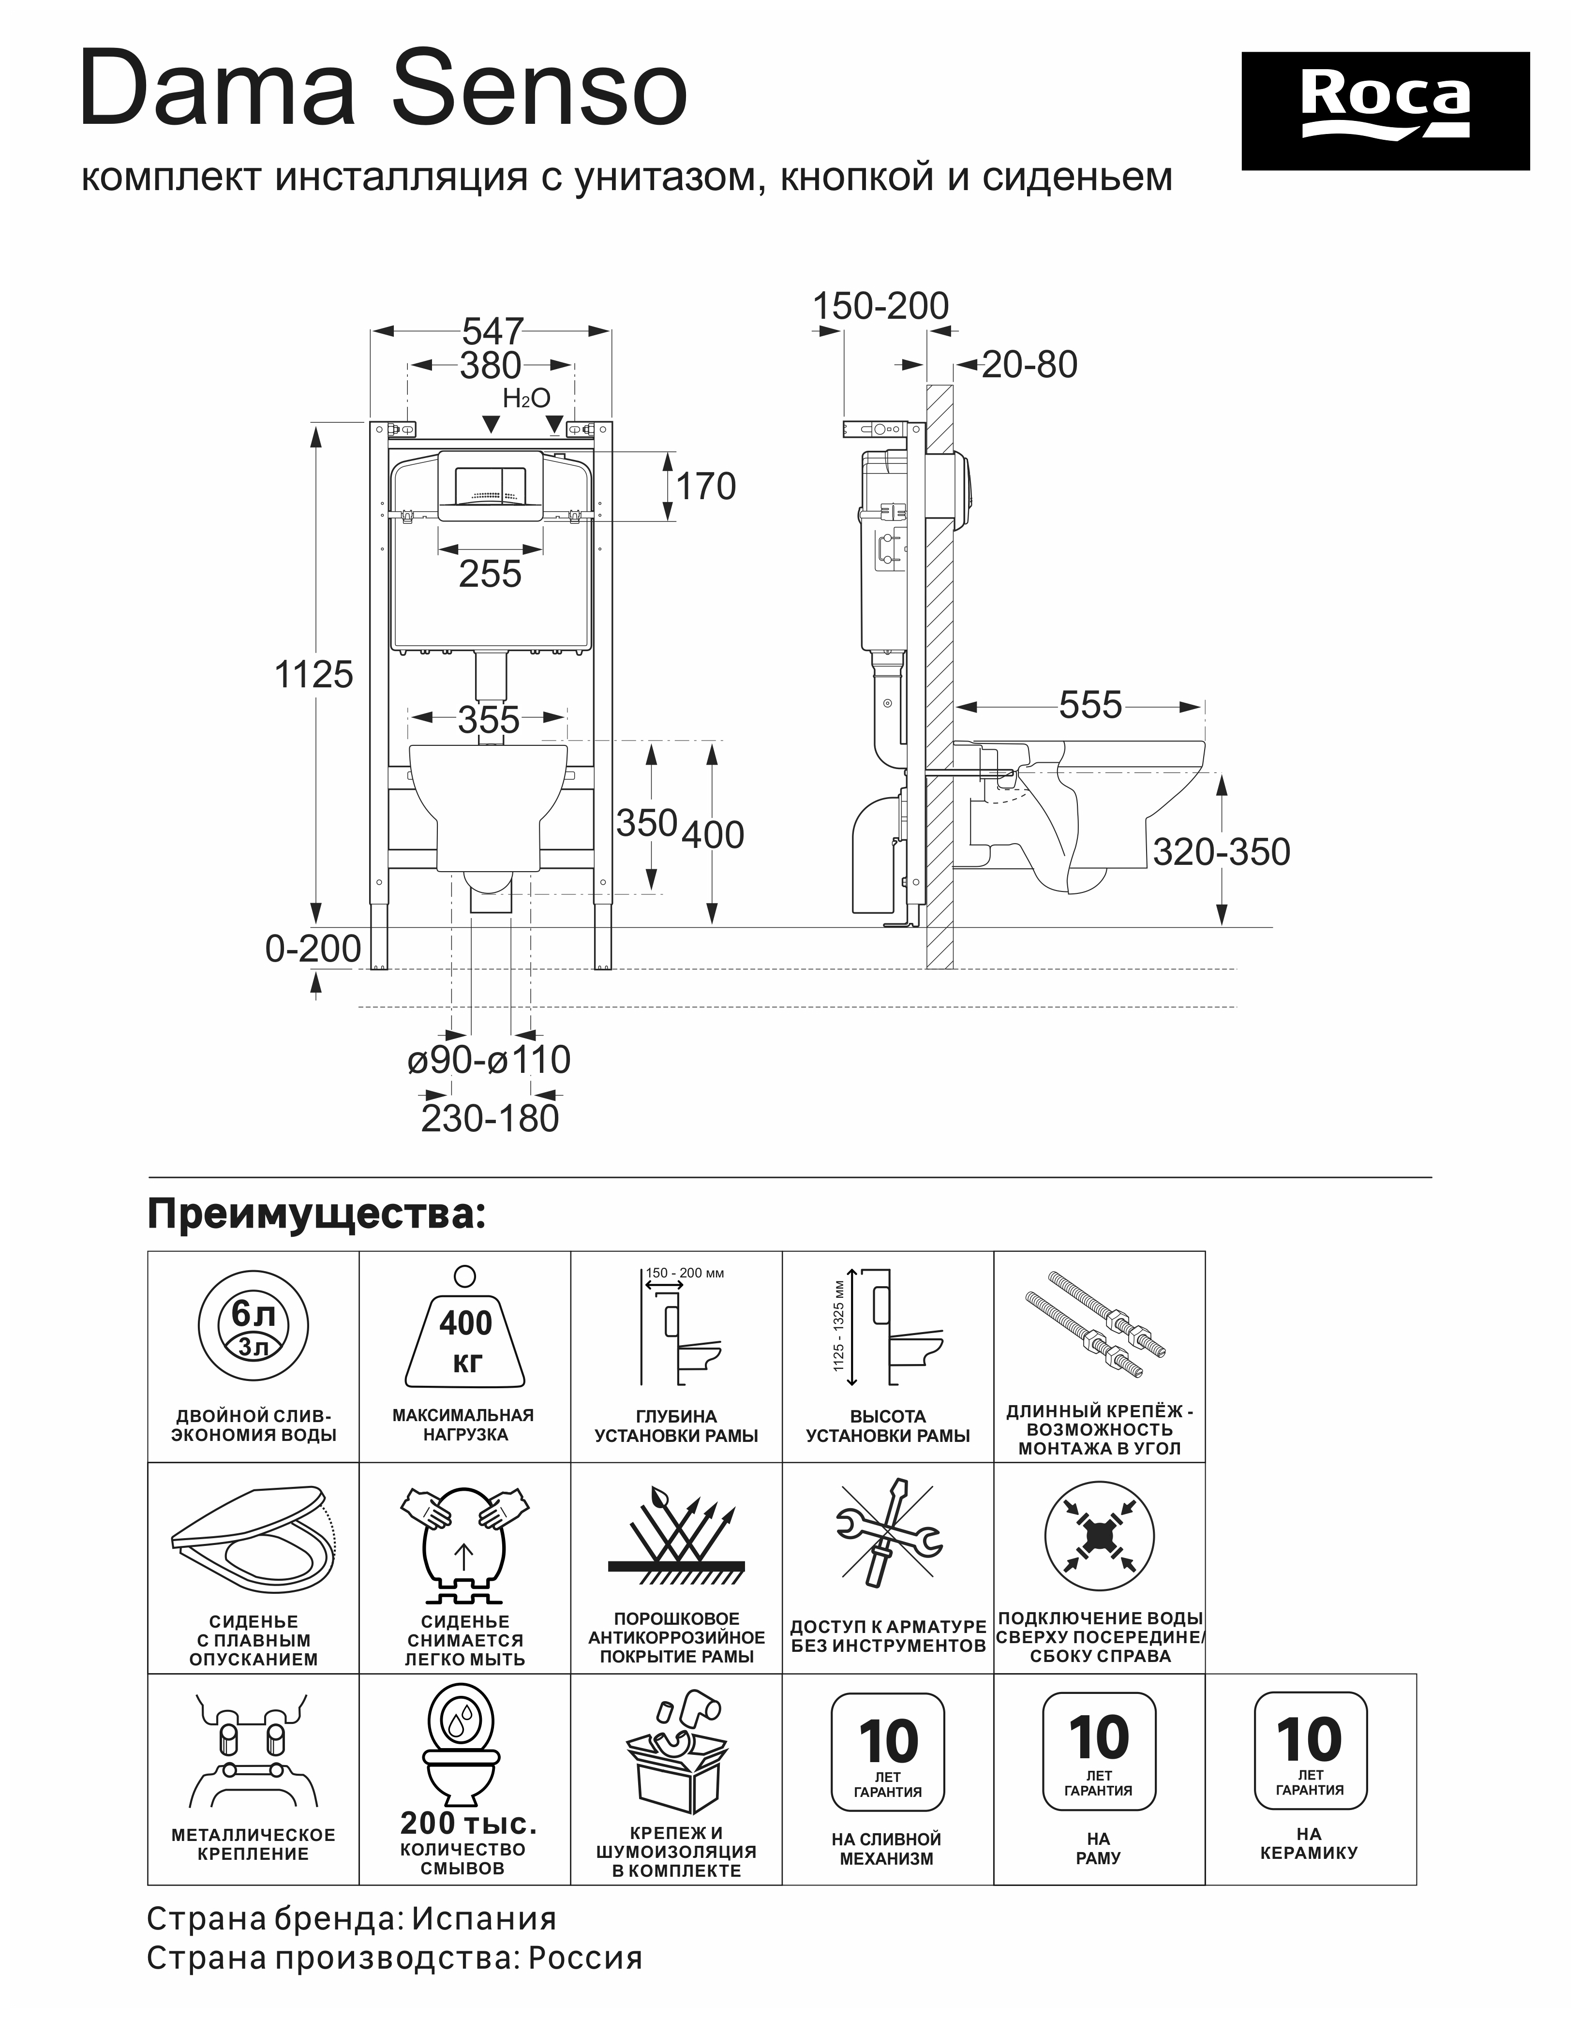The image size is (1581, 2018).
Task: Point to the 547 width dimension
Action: click(x=492, y=331)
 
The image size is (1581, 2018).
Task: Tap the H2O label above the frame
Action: click(x=527, y=398)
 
